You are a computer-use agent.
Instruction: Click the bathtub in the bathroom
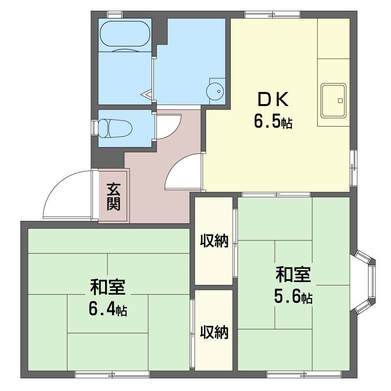[125, 34]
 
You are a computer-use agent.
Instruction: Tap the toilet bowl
[115, 128]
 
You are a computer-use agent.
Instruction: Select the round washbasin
[215, 91]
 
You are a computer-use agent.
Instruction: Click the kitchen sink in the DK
[333, 101]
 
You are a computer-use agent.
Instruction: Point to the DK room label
[273, 99]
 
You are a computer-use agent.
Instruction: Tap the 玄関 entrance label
[114, 196]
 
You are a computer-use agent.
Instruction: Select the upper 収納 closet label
[214, 241]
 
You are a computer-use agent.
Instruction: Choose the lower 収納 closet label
[214, 332]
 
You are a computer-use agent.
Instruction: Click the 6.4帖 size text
[108, 309]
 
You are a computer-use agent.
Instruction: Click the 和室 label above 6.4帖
[108, 287]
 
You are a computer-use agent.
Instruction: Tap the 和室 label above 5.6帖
[293, 274]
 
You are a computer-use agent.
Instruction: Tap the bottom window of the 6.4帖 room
[112, 374]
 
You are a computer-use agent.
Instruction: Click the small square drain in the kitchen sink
[340, 101]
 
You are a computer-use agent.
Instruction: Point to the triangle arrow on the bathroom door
[147, 94]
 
